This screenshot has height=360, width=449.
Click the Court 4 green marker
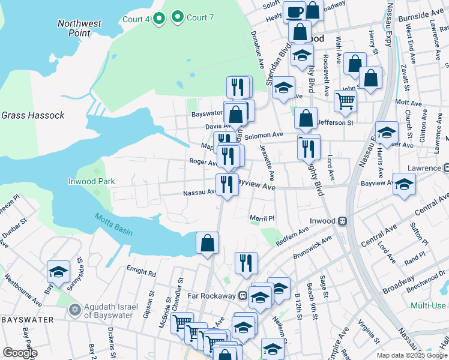(x=159, y=19)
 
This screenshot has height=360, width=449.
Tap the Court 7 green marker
(x=178, y=17)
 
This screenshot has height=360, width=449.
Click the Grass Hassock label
(x=32, y=115)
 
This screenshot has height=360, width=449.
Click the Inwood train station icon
(x=343, y=221)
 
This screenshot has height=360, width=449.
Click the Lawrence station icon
(x=446, y=168)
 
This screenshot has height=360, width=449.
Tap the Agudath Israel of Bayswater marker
(x=75, y=310)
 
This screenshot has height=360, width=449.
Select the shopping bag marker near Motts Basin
(x=207, y=242)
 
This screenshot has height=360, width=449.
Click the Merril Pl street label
(x=262, y=219)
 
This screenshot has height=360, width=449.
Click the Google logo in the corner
(x=20, y=353)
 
